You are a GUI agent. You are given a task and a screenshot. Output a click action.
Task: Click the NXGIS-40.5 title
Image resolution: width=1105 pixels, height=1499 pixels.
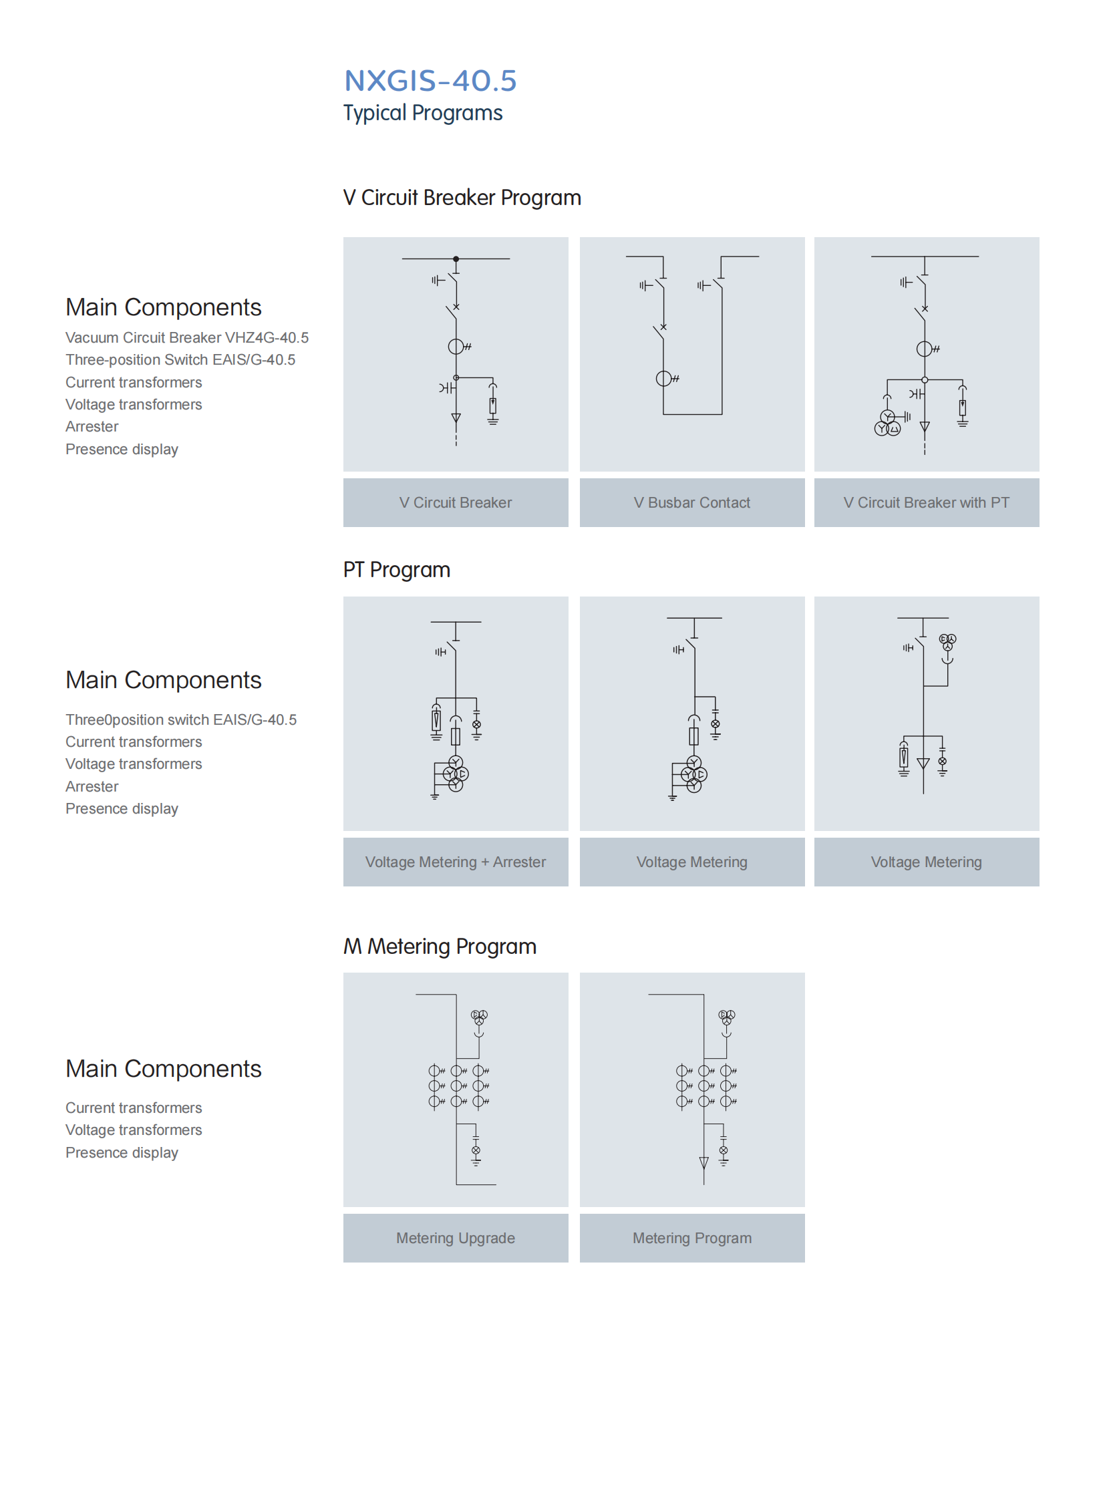coord(430,81)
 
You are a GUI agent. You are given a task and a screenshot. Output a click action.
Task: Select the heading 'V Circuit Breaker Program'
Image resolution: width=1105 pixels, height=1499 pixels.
coord(462,198)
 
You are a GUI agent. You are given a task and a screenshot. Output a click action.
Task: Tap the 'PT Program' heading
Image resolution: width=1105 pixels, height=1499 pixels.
coord(397,570)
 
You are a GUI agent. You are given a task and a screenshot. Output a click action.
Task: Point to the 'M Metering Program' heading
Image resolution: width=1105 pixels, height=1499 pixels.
coord(440,947)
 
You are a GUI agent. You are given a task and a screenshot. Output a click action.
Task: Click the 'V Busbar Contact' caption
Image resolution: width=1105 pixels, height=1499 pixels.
coord(691,502)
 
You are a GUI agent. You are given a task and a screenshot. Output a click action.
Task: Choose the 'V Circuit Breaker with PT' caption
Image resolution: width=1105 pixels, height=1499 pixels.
coord(926,502)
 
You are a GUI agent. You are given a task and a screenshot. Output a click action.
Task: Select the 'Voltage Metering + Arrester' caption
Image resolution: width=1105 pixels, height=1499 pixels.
coord(456,862)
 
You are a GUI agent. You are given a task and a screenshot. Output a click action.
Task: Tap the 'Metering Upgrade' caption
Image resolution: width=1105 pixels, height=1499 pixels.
coord(456,1238)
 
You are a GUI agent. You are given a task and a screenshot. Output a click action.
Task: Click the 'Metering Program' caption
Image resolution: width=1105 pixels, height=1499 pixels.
coord(691,1238)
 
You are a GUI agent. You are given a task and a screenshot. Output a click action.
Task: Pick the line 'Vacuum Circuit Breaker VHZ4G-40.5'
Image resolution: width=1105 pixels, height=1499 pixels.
coord(186,338)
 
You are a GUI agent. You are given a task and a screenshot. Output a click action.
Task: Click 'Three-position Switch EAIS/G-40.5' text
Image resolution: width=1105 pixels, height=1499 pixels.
coord(180,360)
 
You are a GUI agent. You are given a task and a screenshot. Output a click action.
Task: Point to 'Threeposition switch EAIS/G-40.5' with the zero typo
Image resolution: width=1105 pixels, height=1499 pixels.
coord(180,719)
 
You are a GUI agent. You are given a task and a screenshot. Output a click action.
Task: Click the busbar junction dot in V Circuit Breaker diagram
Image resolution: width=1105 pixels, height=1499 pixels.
coord(456,259)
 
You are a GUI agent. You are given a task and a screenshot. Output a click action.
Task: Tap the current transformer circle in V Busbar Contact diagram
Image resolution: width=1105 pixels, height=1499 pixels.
coord(663,379)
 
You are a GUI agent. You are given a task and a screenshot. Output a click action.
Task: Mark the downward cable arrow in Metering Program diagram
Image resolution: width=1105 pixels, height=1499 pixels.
coord(703,1162)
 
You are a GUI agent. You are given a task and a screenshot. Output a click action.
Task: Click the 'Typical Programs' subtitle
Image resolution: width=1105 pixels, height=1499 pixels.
coord(423,113)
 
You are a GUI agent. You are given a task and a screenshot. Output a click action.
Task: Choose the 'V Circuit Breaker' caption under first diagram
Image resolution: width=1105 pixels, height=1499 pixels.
coord(456,502)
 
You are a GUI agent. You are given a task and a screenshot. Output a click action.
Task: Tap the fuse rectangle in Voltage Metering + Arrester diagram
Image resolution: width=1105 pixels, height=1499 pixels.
coord(456,736)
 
